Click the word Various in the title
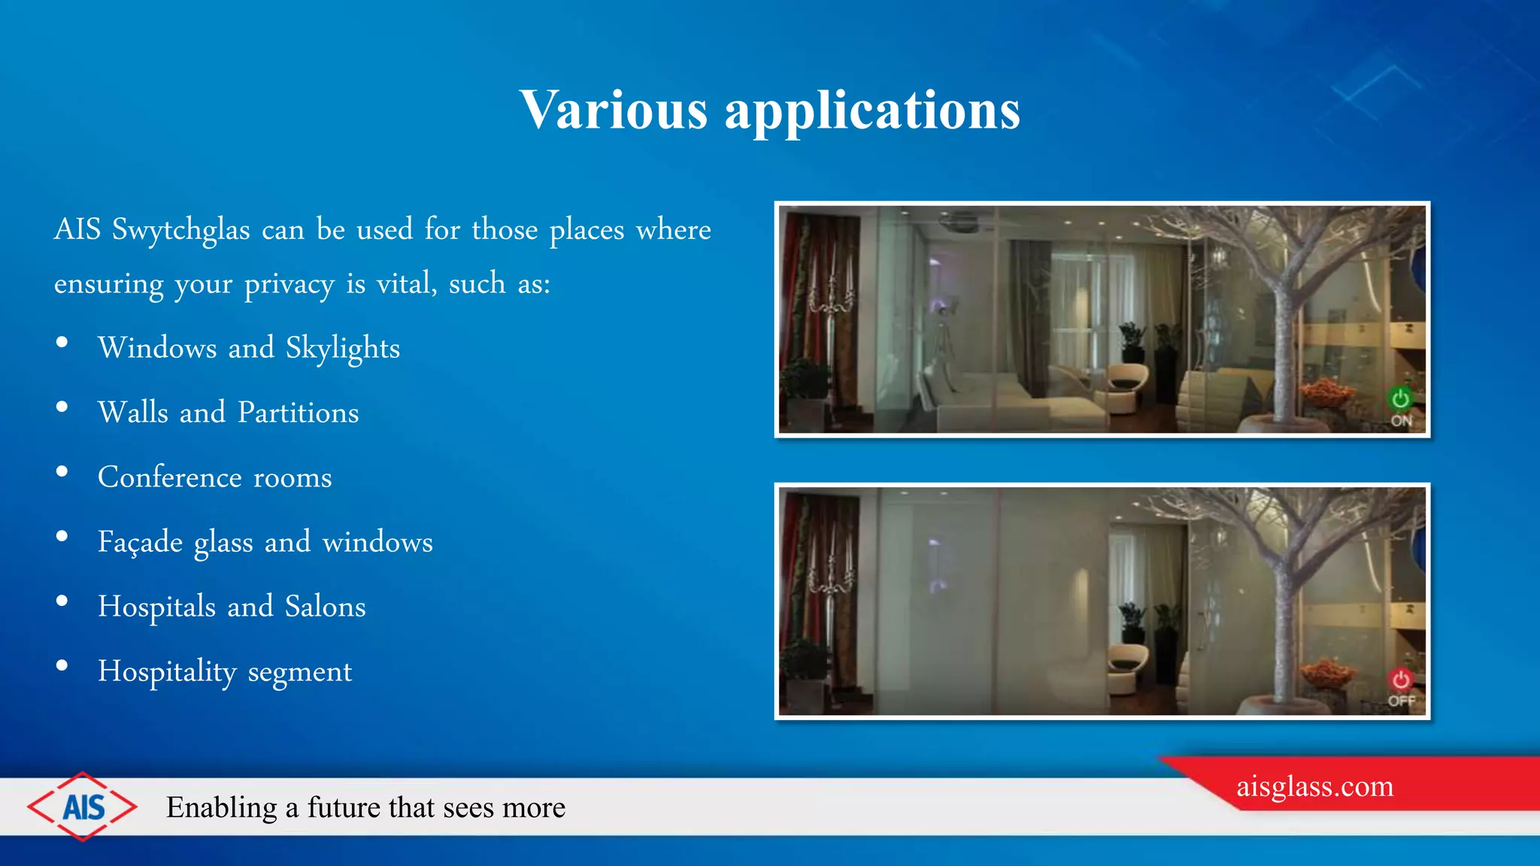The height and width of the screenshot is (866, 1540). coord(613,110)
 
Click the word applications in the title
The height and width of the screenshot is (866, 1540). coord(872,111)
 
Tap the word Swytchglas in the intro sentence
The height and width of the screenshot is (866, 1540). coord(180,230)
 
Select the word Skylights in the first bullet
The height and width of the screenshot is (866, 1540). coord(342,349)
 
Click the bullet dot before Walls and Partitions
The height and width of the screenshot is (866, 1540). coord(62,407)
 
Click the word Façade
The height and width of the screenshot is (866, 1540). coord(140,542)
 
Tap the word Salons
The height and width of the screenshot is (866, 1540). coord(325,607)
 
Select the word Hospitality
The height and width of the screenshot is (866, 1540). coord(167,671)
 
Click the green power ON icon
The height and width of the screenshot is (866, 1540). coord(1400,398)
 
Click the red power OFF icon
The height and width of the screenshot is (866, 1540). coord(1400,680)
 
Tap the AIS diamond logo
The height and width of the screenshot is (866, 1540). coord(83,807)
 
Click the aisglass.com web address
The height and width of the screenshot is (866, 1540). coord(1314,786)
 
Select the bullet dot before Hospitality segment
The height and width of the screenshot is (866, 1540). coord(62,666)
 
